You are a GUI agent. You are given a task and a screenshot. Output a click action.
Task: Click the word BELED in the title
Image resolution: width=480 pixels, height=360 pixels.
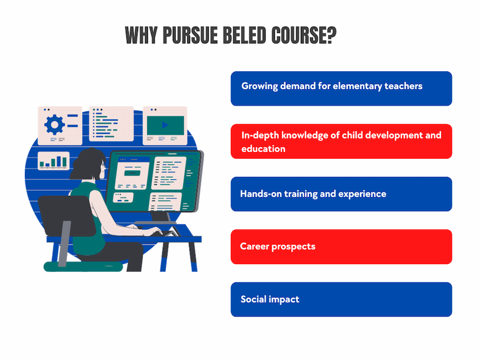[244, 35]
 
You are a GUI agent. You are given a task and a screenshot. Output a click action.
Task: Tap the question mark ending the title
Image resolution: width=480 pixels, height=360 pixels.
[332, 35]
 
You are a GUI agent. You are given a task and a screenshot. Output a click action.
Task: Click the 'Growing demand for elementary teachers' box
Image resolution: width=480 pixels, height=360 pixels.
[341, 89]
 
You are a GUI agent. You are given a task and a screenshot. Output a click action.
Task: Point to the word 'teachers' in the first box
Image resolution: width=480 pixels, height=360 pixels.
[403, 86]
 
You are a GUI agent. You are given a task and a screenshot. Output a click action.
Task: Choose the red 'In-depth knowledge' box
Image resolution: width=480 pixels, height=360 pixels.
[341, 141]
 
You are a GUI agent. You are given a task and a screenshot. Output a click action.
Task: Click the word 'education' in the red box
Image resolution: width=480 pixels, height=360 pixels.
[263, 149]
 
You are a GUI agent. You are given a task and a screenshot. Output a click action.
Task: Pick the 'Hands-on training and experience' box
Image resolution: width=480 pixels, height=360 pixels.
[341, 194]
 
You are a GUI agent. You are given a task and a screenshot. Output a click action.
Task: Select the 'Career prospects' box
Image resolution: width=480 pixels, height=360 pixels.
[341, 247]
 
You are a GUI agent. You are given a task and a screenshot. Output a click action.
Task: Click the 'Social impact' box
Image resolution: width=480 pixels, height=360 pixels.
[341, 299]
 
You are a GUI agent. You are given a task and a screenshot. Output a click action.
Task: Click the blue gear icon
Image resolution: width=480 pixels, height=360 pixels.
[54, 125]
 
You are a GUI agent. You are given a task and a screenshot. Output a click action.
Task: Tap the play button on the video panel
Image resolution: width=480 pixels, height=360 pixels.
[165, 125]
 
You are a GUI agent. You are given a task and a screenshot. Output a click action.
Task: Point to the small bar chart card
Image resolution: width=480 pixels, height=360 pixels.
[53, 161]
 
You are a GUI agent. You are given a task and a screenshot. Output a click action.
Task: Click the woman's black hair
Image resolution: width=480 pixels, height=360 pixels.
[87, 164]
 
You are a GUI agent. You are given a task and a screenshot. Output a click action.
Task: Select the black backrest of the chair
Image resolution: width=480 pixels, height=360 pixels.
[67, 216]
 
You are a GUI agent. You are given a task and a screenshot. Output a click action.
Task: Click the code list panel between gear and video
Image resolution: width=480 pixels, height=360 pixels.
[111, 123]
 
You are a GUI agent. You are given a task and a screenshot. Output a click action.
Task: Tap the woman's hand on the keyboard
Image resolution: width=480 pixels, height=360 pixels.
[155, 231]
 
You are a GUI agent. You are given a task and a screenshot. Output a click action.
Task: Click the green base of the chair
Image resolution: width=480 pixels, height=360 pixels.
[83, 266]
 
